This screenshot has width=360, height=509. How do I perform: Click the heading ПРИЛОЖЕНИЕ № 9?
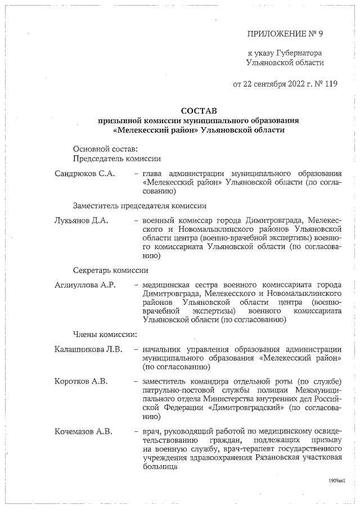click(285, 34)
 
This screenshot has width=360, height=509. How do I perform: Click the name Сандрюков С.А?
click(84, 173)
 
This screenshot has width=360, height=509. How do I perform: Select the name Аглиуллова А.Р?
click(85, 285)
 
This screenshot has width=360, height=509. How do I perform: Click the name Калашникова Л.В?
click(87, 350)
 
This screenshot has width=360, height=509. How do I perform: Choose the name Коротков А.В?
click(81, 382)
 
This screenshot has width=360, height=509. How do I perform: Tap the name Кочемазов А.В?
click(83, 431)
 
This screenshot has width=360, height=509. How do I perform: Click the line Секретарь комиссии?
click(110, 271)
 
